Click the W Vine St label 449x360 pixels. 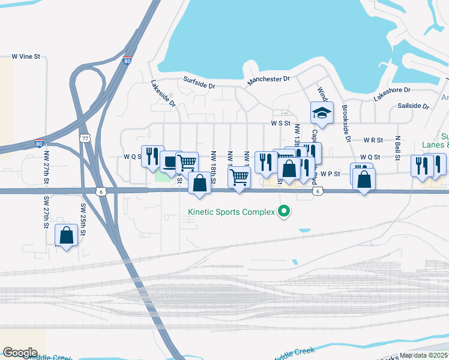[25, 57]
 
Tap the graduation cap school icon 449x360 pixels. [322, 113]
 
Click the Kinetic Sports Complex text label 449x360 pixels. [231, 211]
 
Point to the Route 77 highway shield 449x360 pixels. [85, 138]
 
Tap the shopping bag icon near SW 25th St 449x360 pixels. [66, 235]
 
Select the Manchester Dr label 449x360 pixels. [268, 79]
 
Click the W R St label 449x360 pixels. [373, 140]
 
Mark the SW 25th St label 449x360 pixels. [83, 220]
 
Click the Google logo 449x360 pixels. [20, 353]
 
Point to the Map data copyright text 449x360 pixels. [423, 355]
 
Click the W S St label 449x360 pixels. [281, 124]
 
